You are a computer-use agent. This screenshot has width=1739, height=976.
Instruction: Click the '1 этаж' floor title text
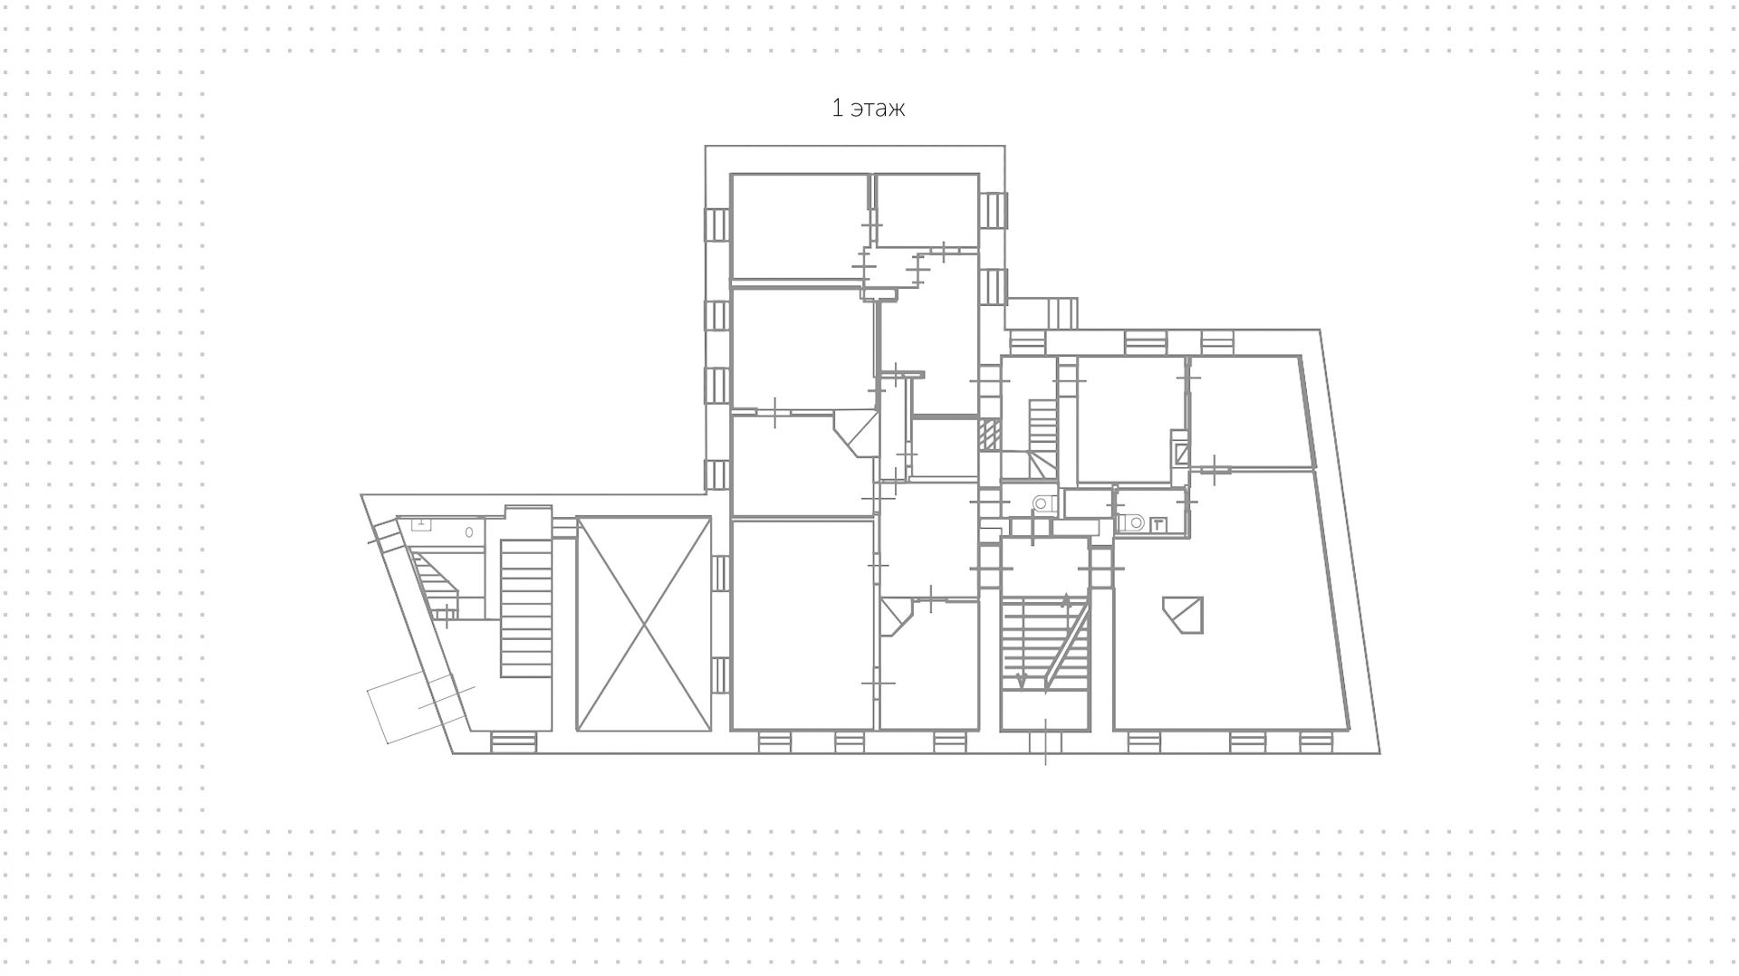868,109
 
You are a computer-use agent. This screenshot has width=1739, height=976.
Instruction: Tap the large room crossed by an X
643,624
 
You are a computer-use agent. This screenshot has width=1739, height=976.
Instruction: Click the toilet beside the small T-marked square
1130,522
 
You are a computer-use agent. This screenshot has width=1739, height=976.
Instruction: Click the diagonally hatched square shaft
990,435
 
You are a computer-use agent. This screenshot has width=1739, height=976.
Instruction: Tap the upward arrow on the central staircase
1066,602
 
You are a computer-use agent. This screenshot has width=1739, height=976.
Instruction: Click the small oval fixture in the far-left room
469,532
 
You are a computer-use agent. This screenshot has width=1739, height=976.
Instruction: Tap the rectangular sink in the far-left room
421,524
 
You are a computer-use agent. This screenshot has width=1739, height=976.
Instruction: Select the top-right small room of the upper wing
927,210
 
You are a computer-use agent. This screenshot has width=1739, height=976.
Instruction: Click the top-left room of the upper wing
799,226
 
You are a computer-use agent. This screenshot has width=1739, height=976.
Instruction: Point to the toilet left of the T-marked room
1042,503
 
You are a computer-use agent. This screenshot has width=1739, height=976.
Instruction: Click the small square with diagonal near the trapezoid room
1180,453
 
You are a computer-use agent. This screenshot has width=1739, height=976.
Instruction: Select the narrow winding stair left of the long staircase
437,585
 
